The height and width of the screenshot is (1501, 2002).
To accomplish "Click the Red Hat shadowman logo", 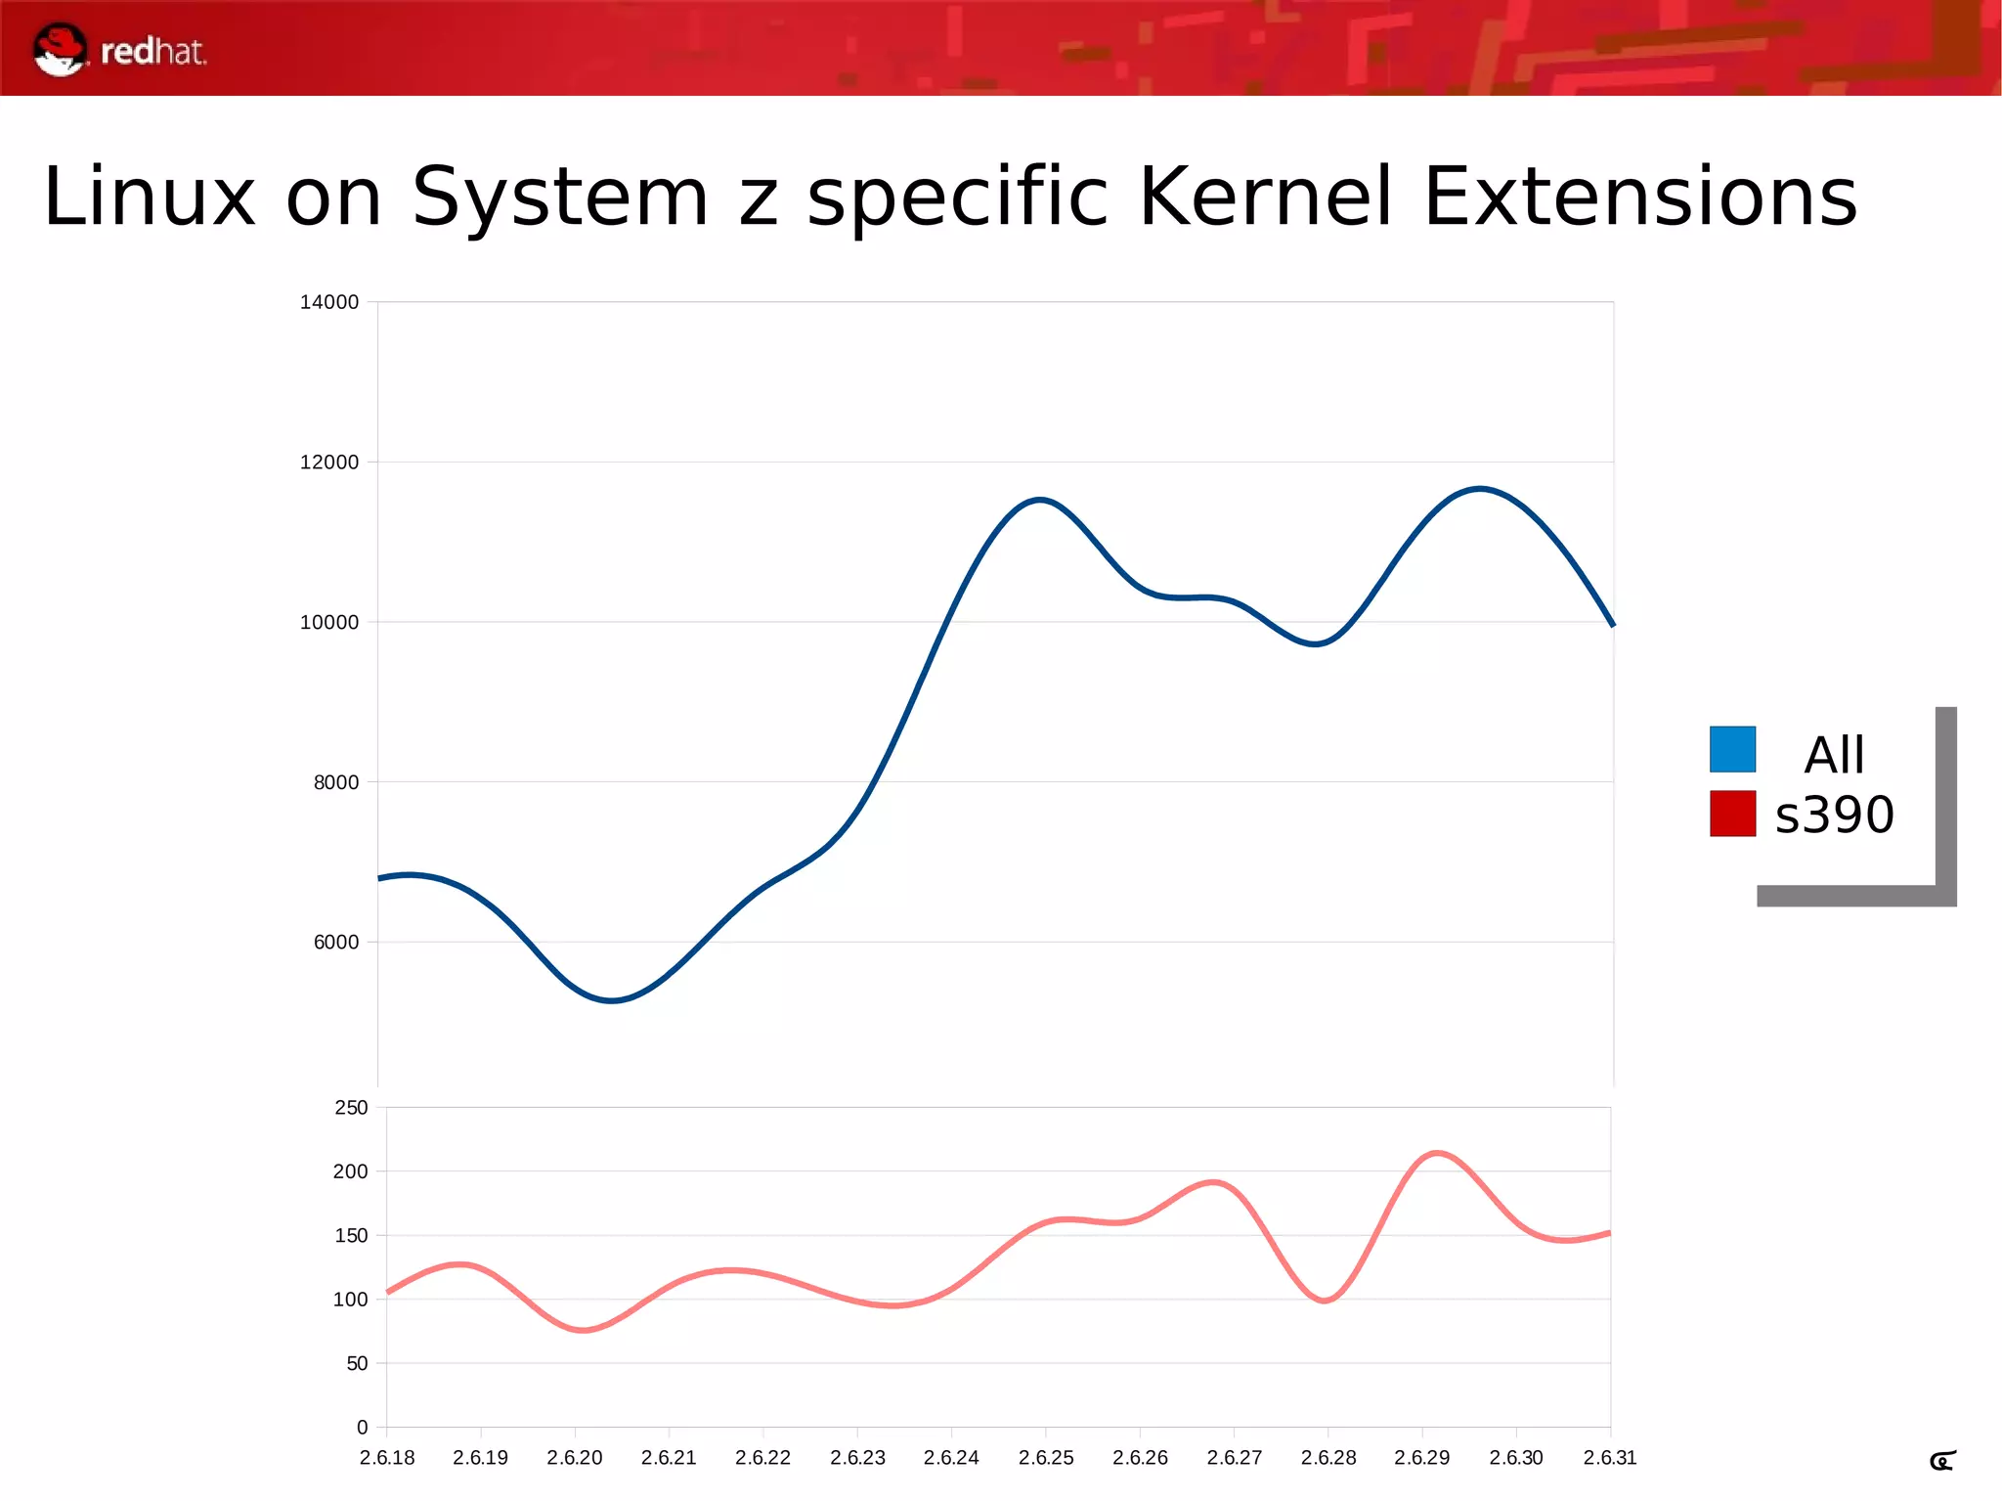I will pyautogui.click(x=60, y=50).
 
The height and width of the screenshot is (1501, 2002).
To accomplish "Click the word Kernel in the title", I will pyautogui.click(x=1265, y=197).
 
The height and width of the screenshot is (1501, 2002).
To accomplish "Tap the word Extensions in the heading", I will pyautogui.click(x=1639, y=197).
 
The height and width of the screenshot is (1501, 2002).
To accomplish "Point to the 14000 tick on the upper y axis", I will pyautogui.click(x=329, y=302).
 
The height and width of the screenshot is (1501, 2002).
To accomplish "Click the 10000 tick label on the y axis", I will pyautogui.click(x=329, y=622).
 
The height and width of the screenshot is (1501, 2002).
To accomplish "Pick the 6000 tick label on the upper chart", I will pyautogui.click(x=336, y=942).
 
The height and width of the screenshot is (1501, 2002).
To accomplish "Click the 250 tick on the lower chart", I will pyautogui.click(x=351, y=1108).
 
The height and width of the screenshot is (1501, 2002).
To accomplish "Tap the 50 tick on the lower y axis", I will pyautogui.click(x=357, y=1363).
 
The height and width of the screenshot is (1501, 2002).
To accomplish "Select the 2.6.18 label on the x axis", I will pyautogui.click(x=387, y=1457).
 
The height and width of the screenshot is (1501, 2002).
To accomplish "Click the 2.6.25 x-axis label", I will pyautogui.click(x=1046, y=1457).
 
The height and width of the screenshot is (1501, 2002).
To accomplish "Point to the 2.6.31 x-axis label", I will pyautogui.click(x=1610, y=1457).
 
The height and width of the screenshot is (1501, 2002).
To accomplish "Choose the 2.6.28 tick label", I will pyautogui.click(x=1328, y=1457).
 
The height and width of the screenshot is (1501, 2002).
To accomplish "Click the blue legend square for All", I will pyautogui.click(x=1732, y=749).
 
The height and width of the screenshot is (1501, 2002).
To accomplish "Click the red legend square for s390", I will pyautogui.click(x=1732, y=814).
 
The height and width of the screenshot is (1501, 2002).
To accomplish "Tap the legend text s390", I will pyautogui.click(x=1834, y=815).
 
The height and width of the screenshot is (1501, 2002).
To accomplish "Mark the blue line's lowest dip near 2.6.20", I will pyautogui.click(x=612, y=1000).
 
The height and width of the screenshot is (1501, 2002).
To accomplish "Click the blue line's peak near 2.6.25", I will pyautogui.click(x=1040, y=500).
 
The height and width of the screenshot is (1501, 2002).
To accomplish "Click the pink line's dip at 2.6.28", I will pyautogui.click(x=1325, y=1301).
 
